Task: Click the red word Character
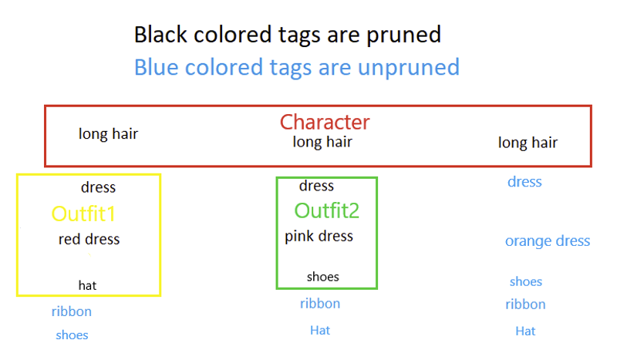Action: [325, 122]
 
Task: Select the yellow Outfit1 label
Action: [83, 214]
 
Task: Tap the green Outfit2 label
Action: [326, 210]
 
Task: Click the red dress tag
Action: [89, 239]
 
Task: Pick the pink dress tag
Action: [319, 237]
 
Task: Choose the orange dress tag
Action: [548, 241]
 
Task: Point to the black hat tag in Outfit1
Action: [87, 285]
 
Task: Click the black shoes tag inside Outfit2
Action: [322, 277]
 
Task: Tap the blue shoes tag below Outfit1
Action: [72, 335]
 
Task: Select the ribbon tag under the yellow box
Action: [71, 311]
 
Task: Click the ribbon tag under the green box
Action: [320, 304]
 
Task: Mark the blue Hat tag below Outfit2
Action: [320, 330]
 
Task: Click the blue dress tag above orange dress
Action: [524, 182]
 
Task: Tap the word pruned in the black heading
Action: [403, 35]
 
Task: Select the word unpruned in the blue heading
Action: [409, 67]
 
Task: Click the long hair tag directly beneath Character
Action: [322, 142]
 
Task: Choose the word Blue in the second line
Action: [157, 67]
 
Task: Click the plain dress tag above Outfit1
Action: [99, 187]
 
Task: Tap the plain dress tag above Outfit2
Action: [316, 186]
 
